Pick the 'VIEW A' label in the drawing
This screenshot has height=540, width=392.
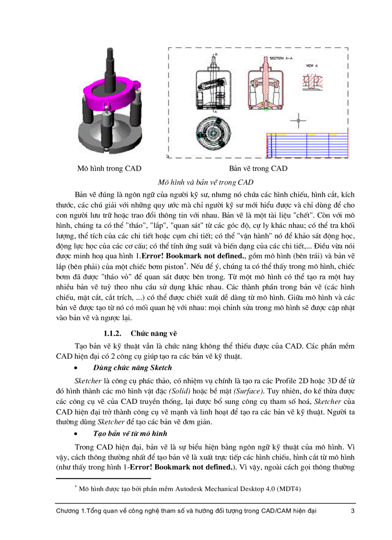pyautogui.click(x=310, y=64)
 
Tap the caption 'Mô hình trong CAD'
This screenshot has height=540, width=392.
pyautogui.click(x=109, y=168)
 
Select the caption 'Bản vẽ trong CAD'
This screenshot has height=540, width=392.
pyautogui.click(x=258, y=168)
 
